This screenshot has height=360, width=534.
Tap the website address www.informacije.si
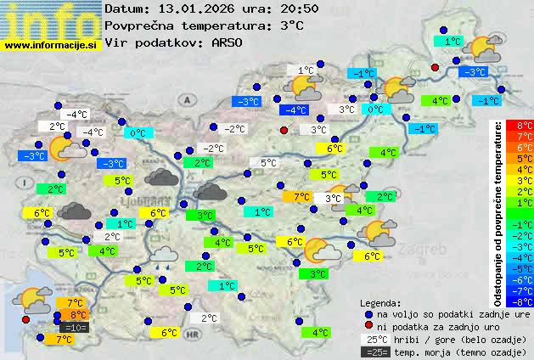pyautogui.click(x=51, y=45)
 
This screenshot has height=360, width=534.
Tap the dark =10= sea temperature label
pyautogui.click(x=74, y=328)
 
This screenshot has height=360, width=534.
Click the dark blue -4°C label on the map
pyautogui.click(x=295, y=110)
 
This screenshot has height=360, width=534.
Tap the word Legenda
pyautogui.click(x=380, y=302)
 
